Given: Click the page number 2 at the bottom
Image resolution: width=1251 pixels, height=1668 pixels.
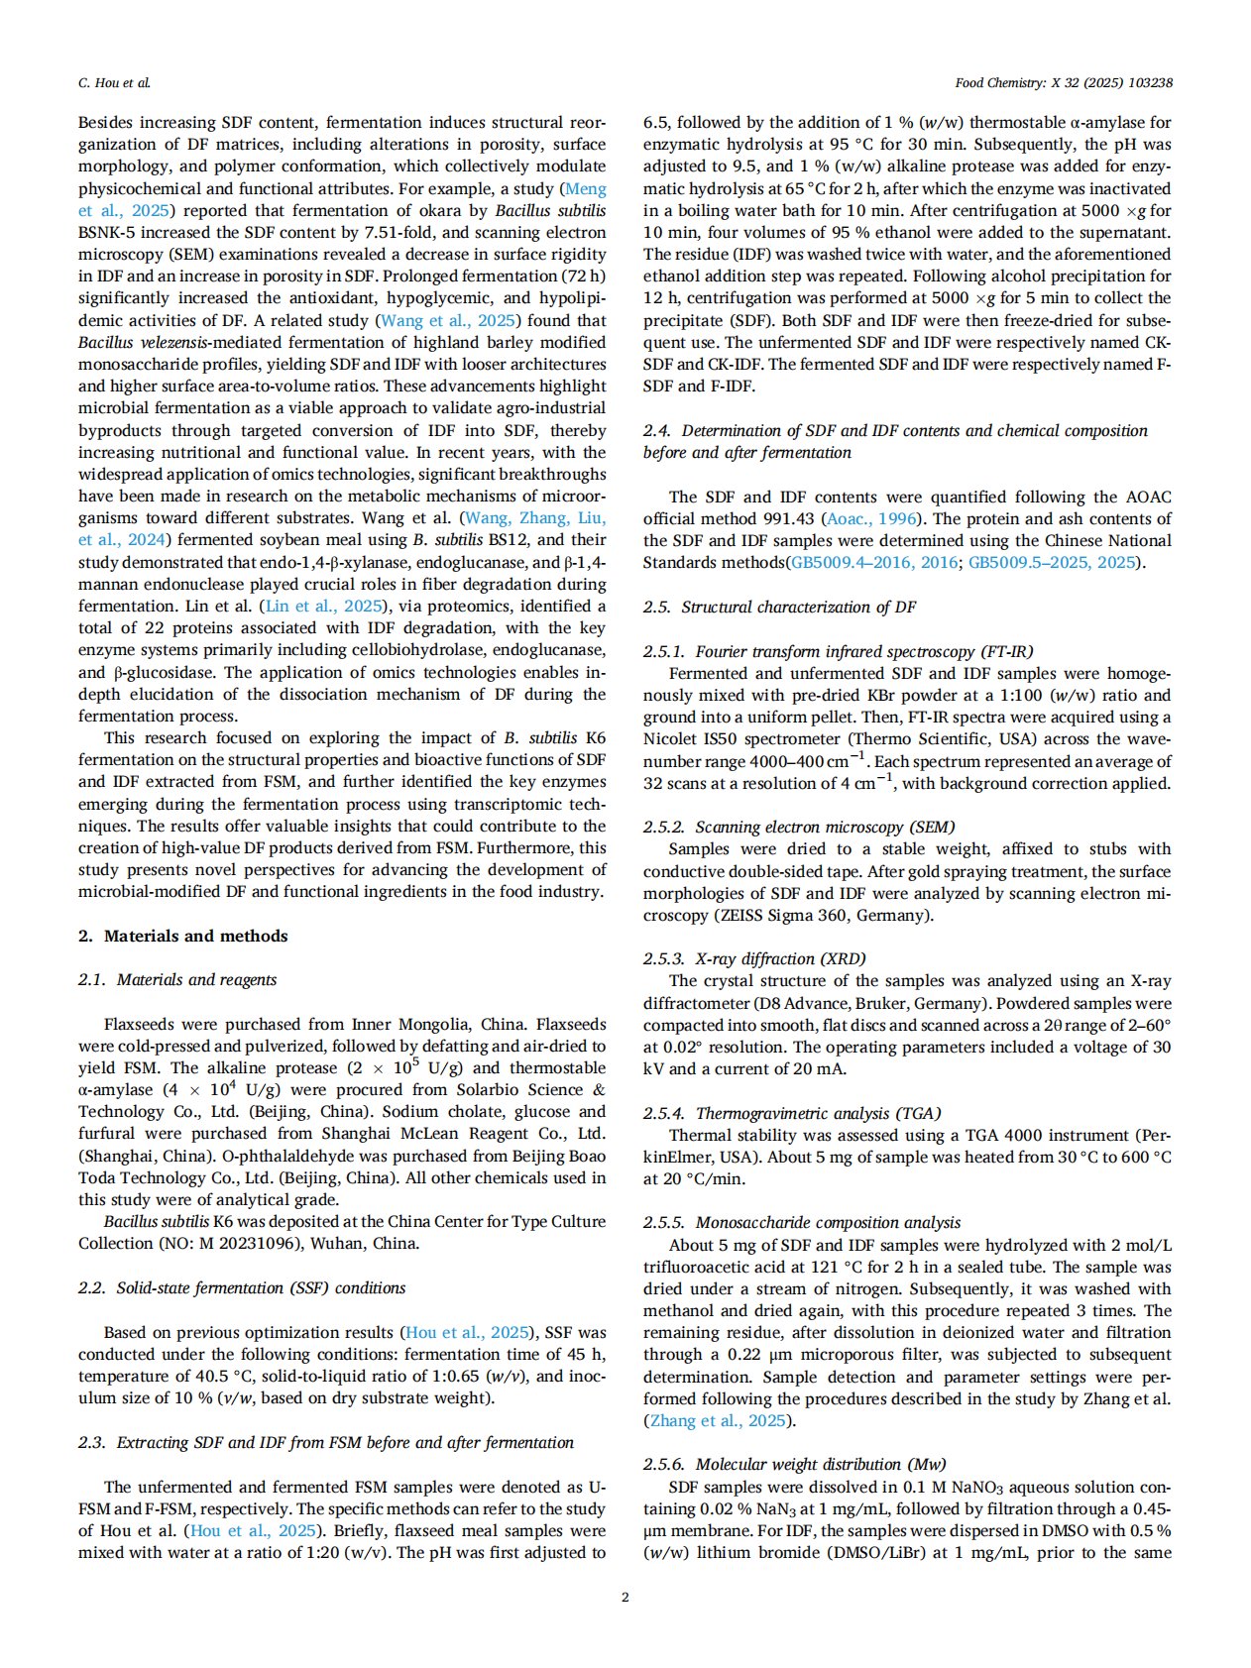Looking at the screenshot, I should point(625,1597).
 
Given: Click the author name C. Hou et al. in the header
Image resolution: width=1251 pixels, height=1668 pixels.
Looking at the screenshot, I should point(114,83).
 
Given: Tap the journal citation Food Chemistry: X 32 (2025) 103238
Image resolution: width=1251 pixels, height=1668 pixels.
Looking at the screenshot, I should point(1064,83).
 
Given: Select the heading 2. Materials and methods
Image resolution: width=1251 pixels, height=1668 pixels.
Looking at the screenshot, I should point(183,936).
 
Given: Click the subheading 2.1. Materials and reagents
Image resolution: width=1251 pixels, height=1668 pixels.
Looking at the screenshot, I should point(177,980).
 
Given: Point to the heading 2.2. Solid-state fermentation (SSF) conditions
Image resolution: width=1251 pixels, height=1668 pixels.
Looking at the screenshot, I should point(242,1288).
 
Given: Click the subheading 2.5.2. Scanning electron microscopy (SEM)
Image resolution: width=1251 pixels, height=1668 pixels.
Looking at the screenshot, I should point(799,827).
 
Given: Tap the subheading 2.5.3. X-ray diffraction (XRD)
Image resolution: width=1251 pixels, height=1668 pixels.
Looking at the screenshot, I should point(754,958).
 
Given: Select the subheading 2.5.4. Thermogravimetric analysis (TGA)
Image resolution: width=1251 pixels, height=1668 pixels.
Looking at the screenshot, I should point(792,1113).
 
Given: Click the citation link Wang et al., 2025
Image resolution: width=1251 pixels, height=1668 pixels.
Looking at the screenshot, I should point(449,320).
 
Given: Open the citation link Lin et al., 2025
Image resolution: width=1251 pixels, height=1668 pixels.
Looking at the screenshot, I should point(324,607).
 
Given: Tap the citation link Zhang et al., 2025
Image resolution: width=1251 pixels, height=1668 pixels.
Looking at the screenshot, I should point(718,1420).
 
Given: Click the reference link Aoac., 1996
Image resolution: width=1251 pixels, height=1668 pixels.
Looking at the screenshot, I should point(872,518).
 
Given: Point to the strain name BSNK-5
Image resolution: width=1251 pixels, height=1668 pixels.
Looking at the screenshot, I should point(112,233).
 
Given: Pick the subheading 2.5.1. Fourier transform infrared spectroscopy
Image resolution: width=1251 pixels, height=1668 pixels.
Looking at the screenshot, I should point(839,651).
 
